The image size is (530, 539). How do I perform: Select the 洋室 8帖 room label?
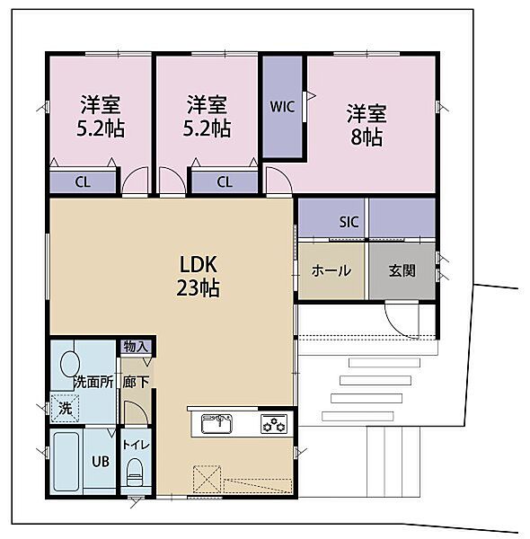(x=367, y=125)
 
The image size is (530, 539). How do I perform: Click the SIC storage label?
(x=349, y=222)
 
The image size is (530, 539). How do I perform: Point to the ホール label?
(x=331, y=271)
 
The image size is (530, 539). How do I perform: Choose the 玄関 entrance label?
(x=402, y=271)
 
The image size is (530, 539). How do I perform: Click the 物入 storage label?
(x=137, y=346)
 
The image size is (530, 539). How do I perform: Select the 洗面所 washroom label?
(x=93, y=381)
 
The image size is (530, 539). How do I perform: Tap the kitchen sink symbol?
(x=216, y=424)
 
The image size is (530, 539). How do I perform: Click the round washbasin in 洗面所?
(x=69, y=364)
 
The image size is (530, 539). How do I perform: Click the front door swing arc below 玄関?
(x=401, y=319)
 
